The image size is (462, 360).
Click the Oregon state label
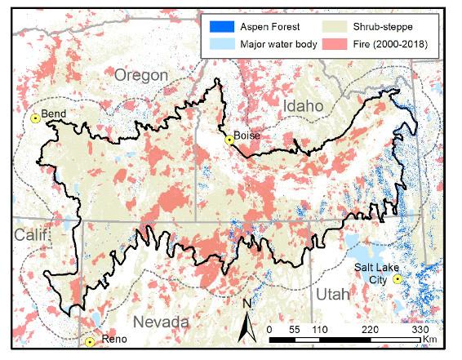point(141,76)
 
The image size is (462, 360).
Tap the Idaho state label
point(303,106)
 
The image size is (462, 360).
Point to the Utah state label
point(332,294)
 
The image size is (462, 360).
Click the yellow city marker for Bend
point(35,118)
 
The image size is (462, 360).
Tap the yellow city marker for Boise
point(230,140)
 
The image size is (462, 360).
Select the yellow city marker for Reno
point(90,342)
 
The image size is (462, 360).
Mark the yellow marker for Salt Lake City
point(398,279)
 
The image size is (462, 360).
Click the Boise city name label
point(247,135)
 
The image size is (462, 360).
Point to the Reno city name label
point(111,340)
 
